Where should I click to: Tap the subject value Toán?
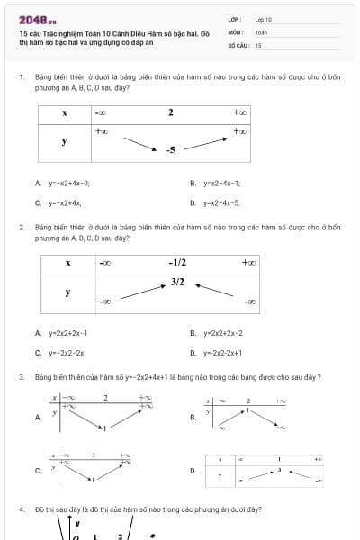point(260,31)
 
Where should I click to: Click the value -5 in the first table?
point(170,149)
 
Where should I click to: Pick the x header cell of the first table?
point(65,113)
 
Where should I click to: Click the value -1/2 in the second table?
point(177,263)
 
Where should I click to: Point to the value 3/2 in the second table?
point(177,282)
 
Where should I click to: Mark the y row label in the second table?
point(68,292)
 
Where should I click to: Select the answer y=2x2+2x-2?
point(223,334)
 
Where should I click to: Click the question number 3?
point(21,377)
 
